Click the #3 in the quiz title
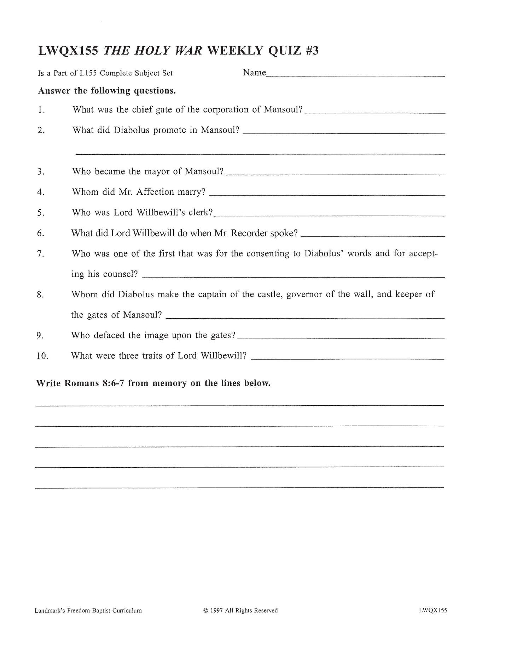pos(311,51)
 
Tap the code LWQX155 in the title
pos(68,51)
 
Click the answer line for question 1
pos(374,113)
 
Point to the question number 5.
pos(41,213)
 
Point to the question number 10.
pos(42,356)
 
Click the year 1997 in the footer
pos(216,610)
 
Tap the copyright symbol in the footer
pos(206,610)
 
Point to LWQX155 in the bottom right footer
pos(432,610)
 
